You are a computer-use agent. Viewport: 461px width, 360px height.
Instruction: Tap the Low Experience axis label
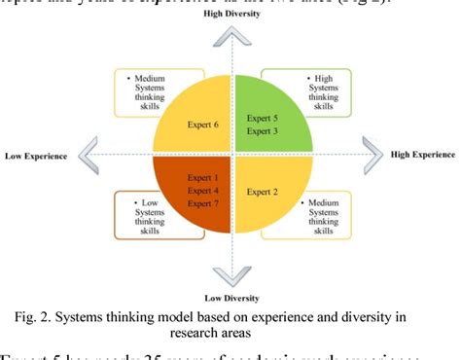36,155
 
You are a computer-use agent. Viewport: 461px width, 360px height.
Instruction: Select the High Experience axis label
423,155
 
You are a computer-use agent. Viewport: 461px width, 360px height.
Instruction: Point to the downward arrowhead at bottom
230,275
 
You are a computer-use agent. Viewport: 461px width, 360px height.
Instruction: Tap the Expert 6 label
195,125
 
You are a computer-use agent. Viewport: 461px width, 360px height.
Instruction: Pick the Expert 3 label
268,131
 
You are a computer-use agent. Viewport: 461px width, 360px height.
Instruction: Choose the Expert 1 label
194,177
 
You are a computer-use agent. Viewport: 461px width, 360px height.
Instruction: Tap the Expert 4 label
194,192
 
